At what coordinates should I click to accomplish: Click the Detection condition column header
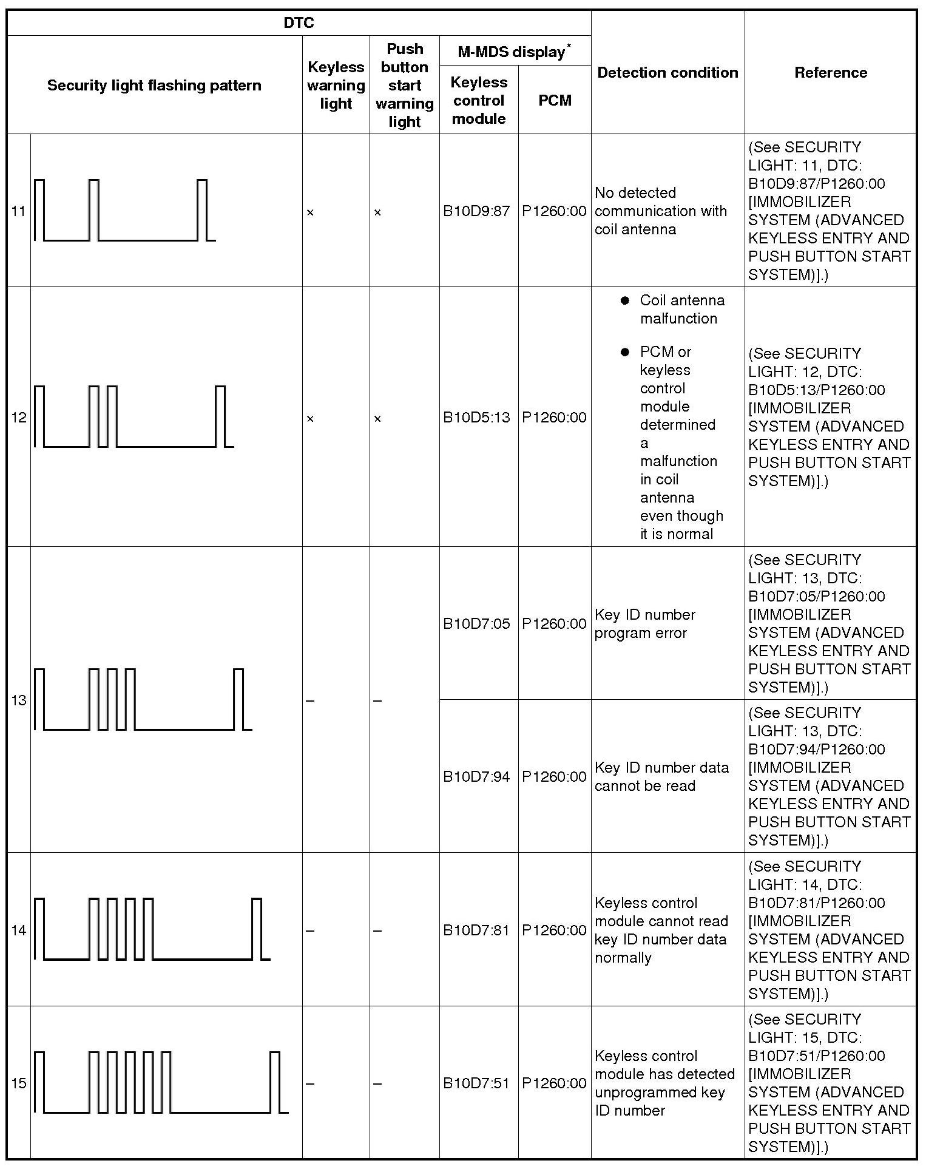coord(667,73)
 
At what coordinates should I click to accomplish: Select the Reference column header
coord(830,73)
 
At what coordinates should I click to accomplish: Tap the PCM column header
coord(555,100)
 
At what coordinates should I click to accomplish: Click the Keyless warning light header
coord(336,86)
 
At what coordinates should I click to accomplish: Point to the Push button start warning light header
coord(404,86)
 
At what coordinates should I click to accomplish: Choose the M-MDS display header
coord(515,52)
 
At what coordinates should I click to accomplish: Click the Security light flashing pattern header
coord(154,86)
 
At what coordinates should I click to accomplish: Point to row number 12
coord(19,418)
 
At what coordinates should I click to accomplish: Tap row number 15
coord(19,1083)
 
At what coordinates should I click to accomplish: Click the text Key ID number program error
coord(645,624)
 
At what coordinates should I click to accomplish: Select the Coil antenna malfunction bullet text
coord(681,310)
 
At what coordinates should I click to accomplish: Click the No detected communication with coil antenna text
coord(660,211)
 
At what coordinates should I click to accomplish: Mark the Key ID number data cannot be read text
coord(661,777)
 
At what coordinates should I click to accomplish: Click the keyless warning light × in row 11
coord(310,212)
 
